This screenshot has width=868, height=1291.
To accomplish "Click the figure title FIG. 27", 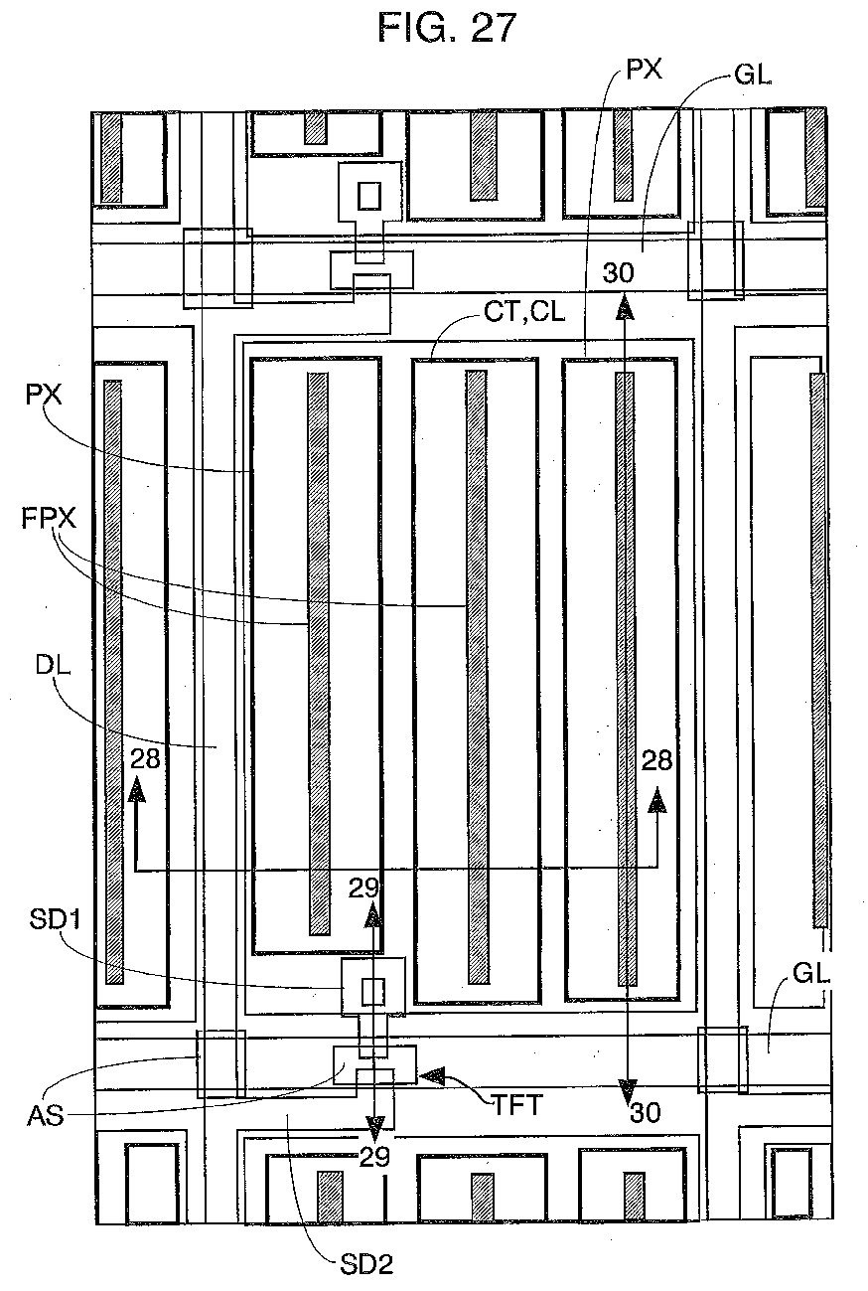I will click(447, 28).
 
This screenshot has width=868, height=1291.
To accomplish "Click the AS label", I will click(46, 1116).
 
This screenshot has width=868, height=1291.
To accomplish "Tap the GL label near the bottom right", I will click(810, 975).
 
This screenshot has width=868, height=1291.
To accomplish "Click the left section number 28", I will click(145, 760).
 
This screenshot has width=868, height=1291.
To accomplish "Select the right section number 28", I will click(656, 761).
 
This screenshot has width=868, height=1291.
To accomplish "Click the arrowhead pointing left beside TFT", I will click(433, 1074).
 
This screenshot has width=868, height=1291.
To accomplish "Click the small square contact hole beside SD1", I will click(372, 990).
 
